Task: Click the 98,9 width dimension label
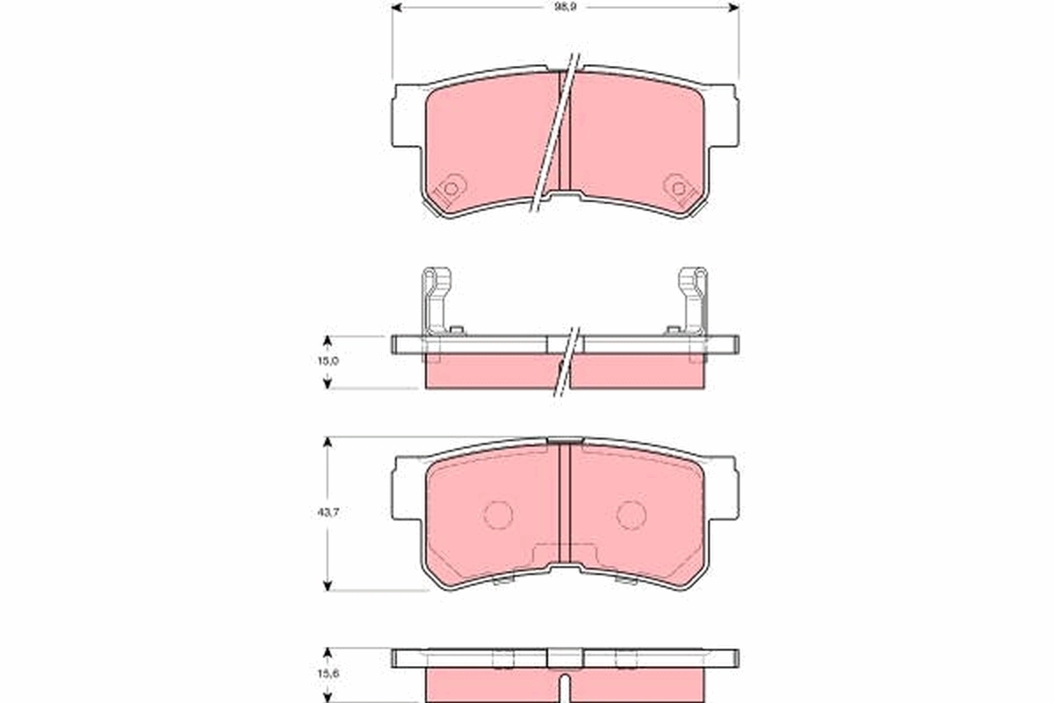coord(565,6)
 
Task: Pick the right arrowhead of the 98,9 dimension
coord(733,6)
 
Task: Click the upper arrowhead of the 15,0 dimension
coord(328,341)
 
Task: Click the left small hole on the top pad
coord(451,187)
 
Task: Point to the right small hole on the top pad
coord(677,187)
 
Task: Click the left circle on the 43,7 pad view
coord(499,515)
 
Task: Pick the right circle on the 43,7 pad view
coord(631,515)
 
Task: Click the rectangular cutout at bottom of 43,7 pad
coord(565,555)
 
